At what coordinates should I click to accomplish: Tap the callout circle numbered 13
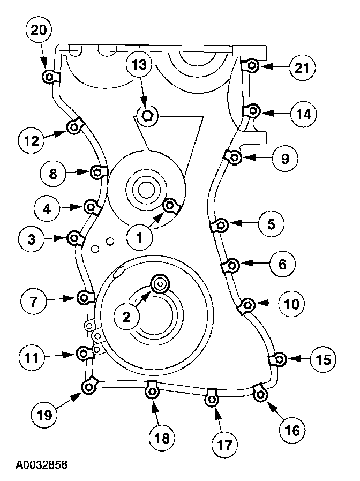140,65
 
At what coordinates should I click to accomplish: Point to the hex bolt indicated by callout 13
149,114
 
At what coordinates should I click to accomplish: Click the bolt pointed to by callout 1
170,205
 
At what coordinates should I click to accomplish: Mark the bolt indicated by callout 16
261,395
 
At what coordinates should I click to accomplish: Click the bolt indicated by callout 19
88,385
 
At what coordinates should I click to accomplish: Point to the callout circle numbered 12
32,140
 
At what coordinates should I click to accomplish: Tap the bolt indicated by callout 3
74,237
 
